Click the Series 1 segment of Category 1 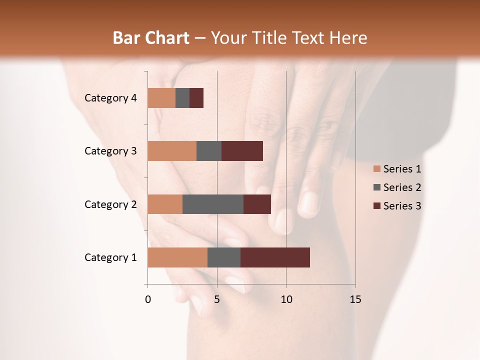point(177,257)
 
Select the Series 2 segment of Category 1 point(224,257)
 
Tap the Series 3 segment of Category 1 point(275,257)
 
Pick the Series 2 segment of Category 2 point(213,204)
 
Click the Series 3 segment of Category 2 point(257,204)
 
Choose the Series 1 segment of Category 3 point(172,151)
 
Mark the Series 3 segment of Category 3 point(242,151)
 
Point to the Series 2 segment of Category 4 point(182,98)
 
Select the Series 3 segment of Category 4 point(196,98)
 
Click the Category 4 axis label point(110,98)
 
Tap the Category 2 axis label point(110,204)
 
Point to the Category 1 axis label point(110,257)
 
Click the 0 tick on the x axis point(148,299)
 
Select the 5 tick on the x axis point(217,299)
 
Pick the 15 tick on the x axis point(355,299)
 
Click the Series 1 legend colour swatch point(376,169)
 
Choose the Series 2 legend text point(402,187)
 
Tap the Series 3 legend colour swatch point(376,206)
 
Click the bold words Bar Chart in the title point(151,38)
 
